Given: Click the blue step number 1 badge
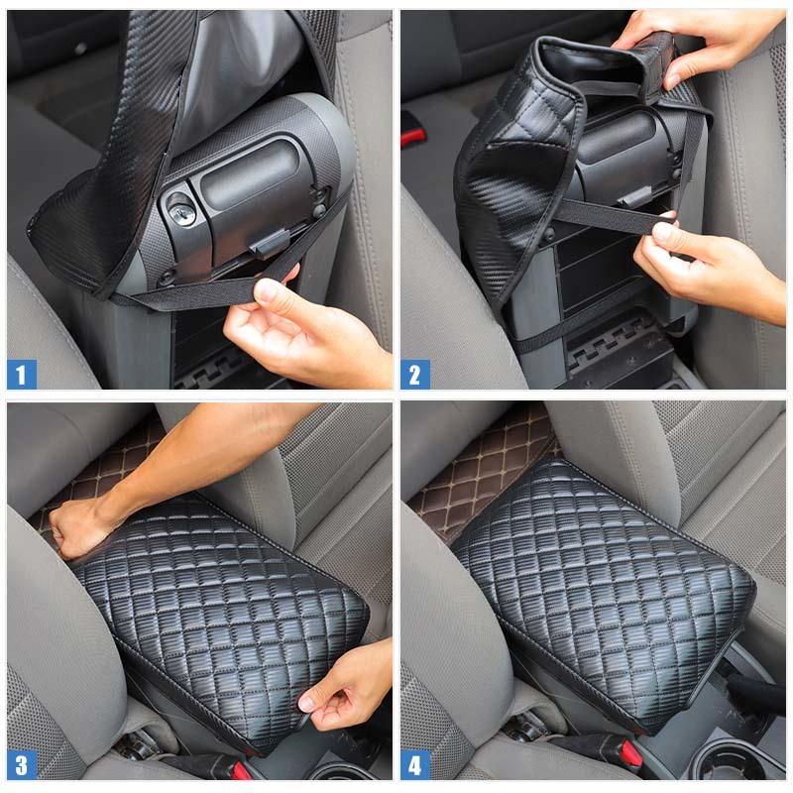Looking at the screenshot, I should pos(22,374).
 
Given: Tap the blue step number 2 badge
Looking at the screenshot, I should pos(415,374).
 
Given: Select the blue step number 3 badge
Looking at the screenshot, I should pos(22,764).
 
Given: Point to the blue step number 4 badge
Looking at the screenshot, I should pos(415,764).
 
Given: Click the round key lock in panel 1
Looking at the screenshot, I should pos(180,208).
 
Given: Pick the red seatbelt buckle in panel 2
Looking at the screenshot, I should pos(412,132).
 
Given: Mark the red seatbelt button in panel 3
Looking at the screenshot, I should pos(241,770).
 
